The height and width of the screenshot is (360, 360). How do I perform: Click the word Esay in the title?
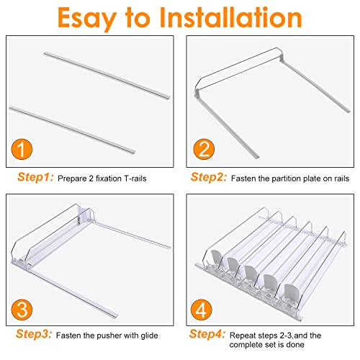coord(87,19)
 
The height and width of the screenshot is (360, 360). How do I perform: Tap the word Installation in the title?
coord(230,17)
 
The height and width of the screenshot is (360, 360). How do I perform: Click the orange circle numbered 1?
coord(22,149)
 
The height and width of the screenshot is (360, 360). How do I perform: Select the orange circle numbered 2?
coord(204,149)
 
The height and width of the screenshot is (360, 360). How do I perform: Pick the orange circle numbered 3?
coord(22,310)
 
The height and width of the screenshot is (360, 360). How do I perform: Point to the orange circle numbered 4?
coord(202,310)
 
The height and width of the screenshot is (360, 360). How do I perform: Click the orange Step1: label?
coord(35,177)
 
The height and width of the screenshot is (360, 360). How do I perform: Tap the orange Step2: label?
coord(209,177)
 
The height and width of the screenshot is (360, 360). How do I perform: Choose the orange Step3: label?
coord(34,334)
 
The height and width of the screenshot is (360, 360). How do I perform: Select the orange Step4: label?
coord(207,334)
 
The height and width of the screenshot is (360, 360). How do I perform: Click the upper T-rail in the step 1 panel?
coord(107,76)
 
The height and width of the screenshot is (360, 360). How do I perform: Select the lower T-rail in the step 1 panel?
coord(72,130)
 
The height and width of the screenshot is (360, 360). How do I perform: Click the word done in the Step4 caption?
coord(295,345)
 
